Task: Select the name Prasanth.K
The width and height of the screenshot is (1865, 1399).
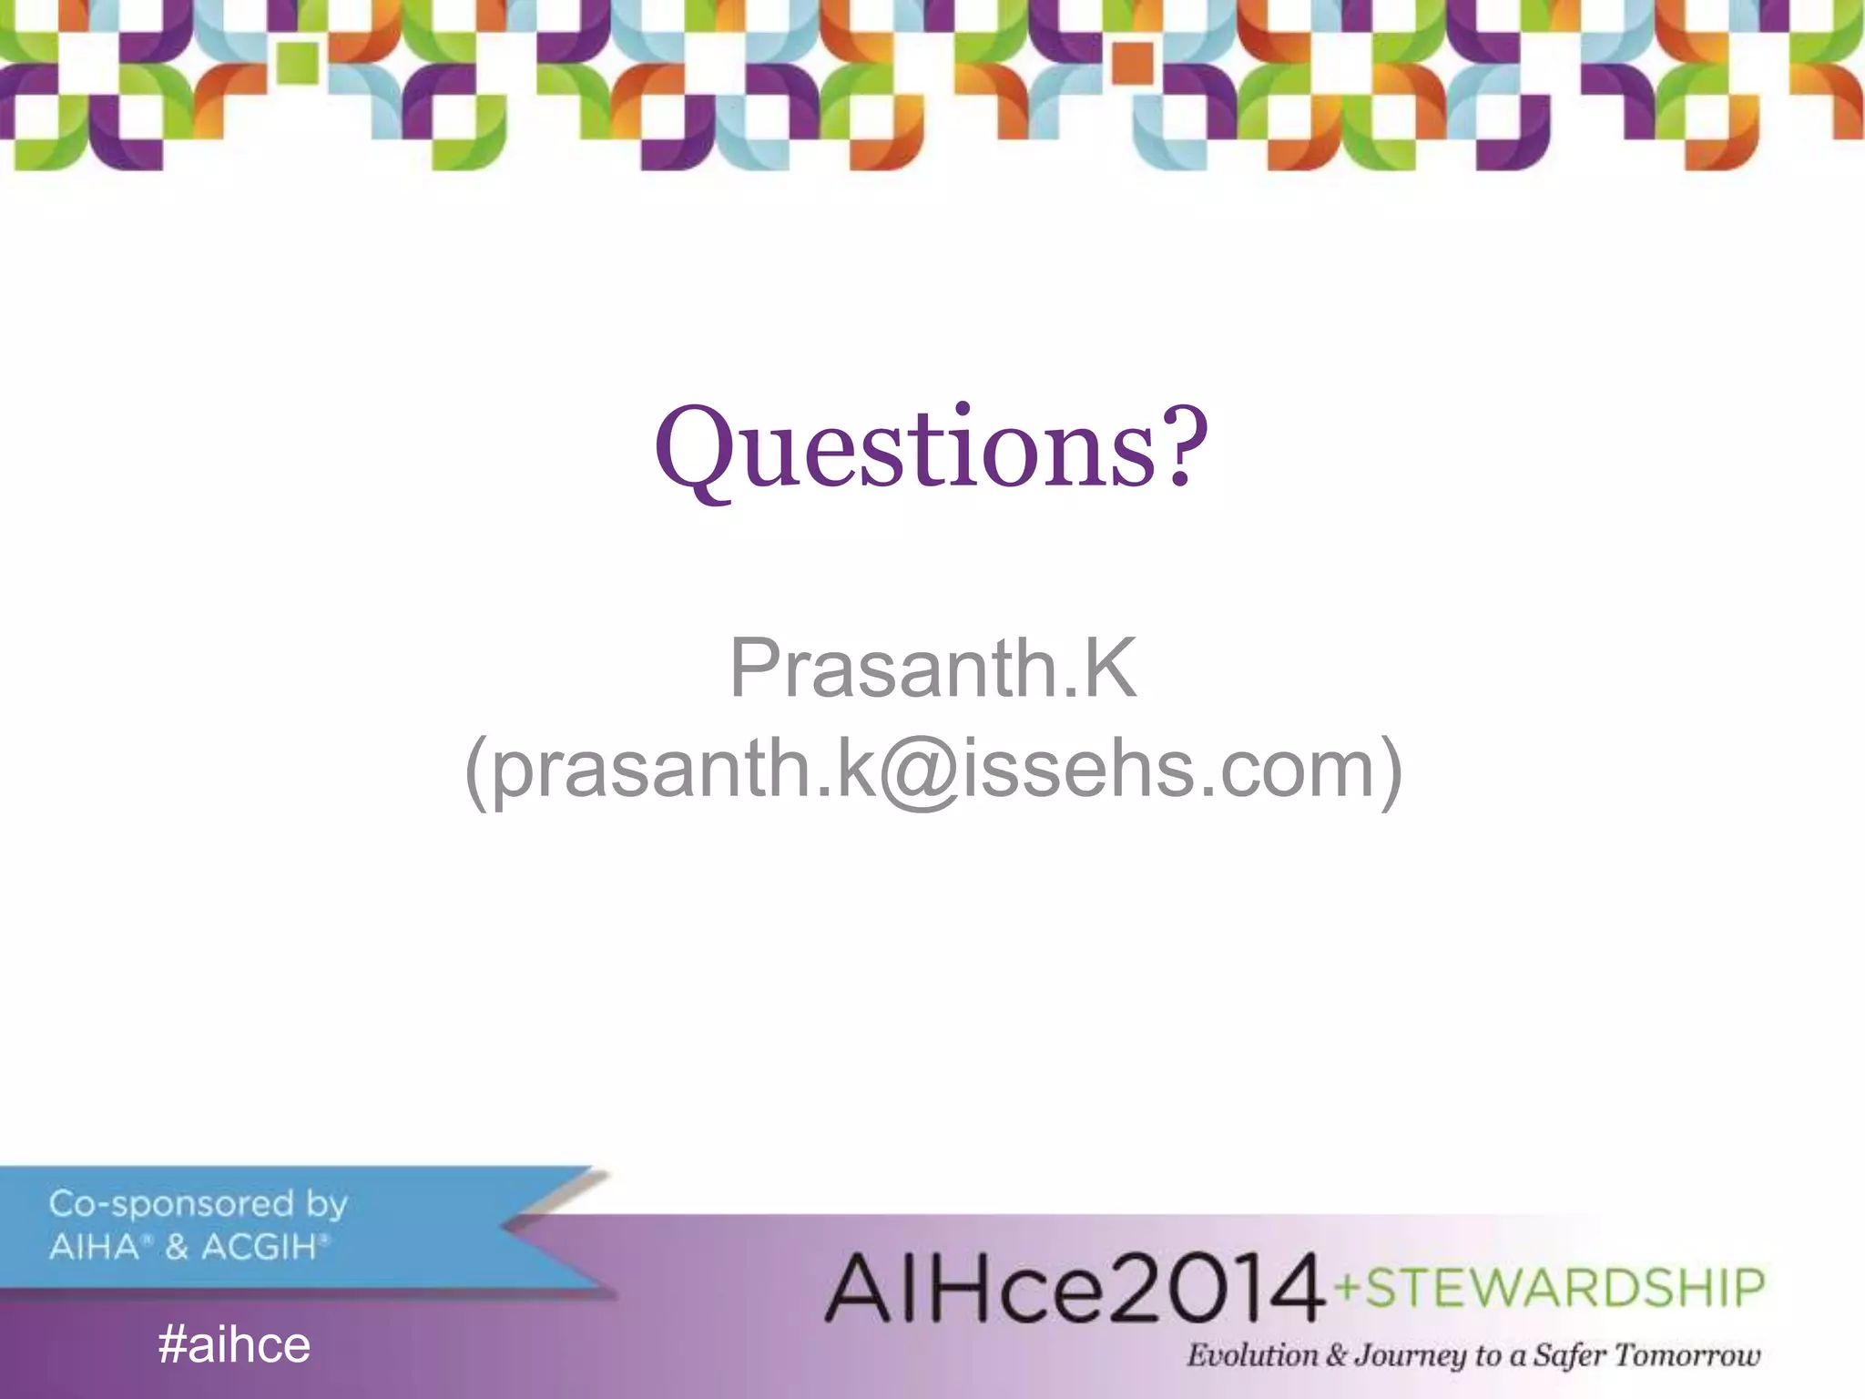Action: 932,669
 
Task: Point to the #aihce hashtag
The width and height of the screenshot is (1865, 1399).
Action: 234,1345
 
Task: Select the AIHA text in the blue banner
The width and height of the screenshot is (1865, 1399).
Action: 94,1247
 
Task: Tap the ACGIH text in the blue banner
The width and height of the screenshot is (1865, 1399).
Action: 259,1247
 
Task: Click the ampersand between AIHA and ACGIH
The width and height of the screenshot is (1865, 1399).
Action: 177,1247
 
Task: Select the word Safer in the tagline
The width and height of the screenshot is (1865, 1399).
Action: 1570,1356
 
